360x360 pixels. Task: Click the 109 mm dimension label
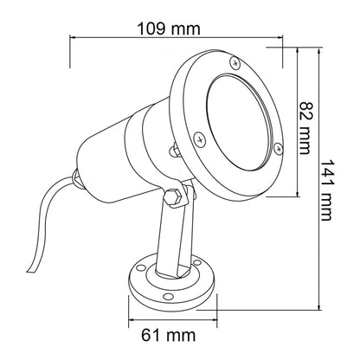(x=169, y=29)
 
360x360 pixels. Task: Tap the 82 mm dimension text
(x=305, y=128)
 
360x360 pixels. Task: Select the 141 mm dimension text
(x=326, y=190)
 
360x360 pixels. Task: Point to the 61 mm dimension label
(x=168, y=336)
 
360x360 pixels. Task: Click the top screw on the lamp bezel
(x=235, y=62)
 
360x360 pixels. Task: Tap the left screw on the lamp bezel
(x=198, y=138)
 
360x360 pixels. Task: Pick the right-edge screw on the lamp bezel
(x=278, y=149)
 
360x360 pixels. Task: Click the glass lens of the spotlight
(x=239, y=122)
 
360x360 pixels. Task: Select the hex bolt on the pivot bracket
(x=173, y=197)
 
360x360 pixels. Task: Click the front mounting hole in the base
(x=167, y=296)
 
